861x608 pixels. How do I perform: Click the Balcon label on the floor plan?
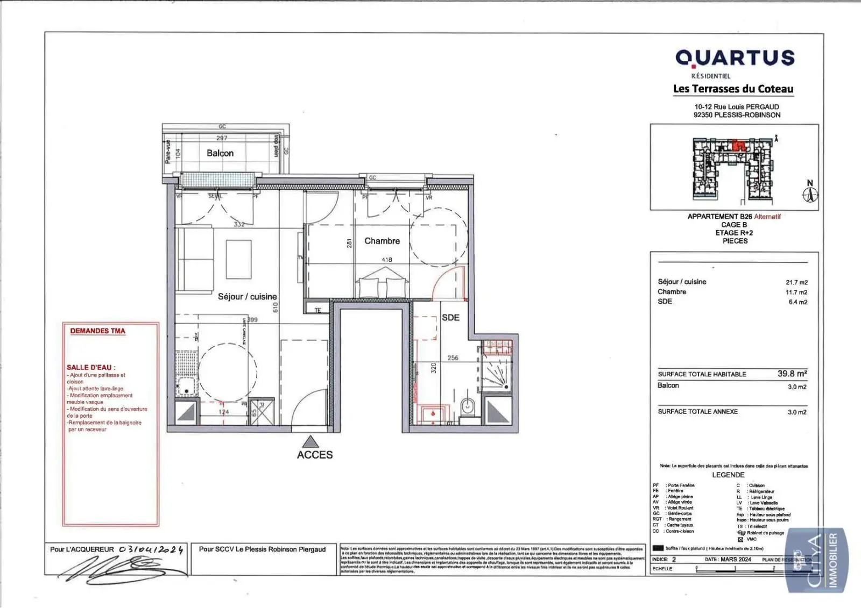220,153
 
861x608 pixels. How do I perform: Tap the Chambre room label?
382,241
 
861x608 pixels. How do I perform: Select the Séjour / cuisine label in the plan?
247,296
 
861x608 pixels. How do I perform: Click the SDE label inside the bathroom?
450,318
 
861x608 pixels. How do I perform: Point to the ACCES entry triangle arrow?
310,442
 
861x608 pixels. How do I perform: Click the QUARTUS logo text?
735,58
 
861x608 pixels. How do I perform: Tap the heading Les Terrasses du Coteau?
733,89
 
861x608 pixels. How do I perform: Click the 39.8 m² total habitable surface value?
792,373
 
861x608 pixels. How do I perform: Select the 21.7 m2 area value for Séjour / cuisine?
796,282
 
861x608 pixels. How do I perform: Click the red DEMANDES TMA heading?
97,331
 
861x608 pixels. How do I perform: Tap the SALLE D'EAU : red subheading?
91,367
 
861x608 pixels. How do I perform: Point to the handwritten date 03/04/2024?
151,549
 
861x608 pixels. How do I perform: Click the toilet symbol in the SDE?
468,406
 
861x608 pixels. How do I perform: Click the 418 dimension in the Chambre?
386,260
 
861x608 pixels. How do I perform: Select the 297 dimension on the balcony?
222,138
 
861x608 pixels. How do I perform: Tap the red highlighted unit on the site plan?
739,145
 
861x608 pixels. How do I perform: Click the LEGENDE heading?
728,475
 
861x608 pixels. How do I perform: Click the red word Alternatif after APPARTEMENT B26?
767,217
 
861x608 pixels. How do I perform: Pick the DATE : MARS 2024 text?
728,559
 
